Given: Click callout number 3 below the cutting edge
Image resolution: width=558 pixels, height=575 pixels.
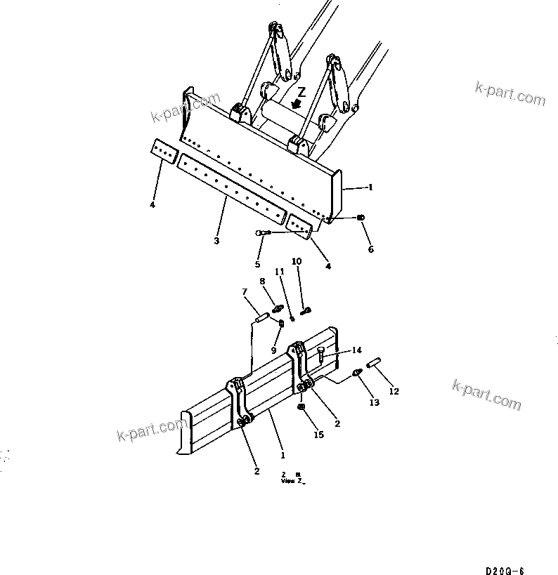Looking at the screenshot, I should pos(216,241).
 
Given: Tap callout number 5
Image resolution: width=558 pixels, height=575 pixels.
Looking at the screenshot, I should pos(257,265).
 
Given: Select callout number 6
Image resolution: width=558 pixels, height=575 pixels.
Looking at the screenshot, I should pos(370,249).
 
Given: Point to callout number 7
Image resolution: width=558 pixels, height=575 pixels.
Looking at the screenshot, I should pos(245,292).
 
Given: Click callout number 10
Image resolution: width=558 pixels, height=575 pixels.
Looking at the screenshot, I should pos(297,261).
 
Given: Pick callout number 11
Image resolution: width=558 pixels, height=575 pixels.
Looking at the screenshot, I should pos(278,271).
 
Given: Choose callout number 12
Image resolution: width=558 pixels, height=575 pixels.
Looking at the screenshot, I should pos(394,391).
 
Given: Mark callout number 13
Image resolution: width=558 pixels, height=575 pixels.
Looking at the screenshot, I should pos(374,402).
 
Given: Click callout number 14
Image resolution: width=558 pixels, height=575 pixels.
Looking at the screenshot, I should pos(357,350).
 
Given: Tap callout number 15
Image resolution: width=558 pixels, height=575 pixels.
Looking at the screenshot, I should pos(318,435).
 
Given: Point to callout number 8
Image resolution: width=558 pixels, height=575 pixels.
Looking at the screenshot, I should pos(263,282).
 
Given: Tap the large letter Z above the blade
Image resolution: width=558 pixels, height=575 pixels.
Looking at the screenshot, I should pos(301,93).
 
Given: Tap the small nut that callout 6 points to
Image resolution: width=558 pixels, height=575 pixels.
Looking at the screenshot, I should pos(361,218).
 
